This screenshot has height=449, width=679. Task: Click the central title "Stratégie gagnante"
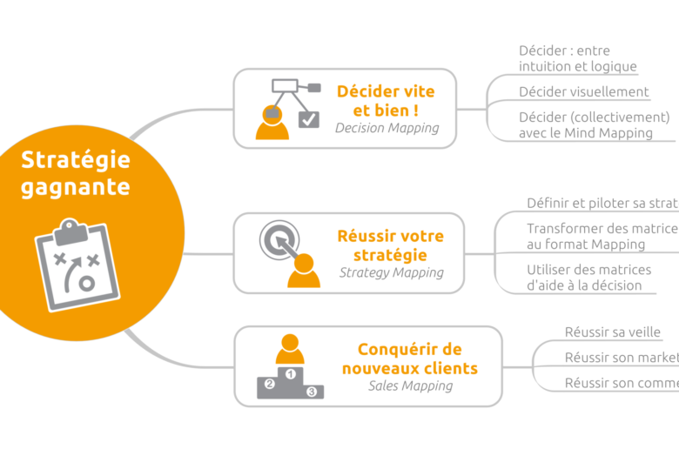(75, 173)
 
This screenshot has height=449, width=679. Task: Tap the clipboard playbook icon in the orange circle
(76, 262)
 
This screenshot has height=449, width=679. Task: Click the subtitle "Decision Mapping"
(387, 128)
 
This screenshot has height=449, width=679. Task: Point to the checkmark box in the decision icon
(308, 119)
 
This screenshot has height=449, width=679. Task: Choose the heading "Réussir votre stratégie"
(390, 245)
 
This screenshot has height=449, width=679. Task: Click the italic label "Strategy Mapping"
(391, 272)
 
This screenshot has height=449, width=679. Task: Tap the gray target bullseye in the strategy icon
(279, 239)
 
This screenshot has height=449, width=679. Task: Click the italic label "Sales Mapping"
(410, 385)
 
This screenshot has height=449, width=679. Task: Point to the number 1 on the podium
(290, 373)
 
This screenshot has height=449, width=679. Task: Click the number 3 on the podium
(311, 392)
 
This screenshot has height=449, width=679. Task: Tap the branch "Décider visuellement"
(583, 91)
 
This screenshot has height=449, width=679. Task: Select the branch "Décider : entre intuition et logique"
(577, 58)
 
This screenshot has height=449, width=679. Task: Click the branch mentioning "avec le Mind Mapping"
(585, 133)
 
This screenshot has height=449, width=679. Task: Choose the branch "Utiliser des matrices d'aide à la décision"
(583, 278)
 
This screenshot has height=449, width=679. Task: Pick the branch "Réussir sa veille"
(612, 332)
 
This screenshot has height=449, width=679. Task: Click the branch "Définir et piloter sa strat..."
(602, 203)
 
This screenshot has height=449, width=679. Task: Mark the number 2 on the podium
(270, 384)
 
